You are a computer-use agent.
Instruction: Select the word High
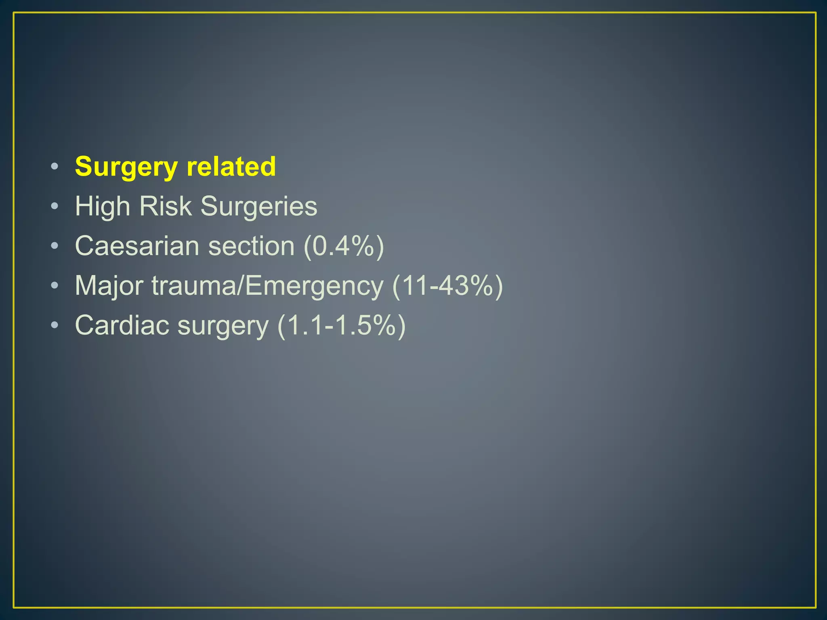pyautogui.click(x=103, y=207)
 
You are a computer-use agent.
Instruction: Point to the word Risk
pyautogui.click(x=165, y=206)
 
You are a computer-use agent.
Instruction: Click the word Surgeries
pyautogui.click(x=259, y=207)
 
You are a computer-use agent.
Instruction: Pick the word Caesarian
pyautogui.click(x=137, y=246)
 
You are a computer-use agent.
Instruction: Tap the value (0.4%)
pyautogui.click(x=344, y=246)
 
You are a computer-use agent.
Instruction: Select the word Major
pyautogui.click(x=109, y=285)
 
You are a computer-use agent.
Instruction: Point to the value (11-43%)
pyautogui.click(x=447, y=285)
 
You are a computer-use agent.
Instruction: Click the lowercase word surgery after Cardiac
pyautogui.click(x=223, y=326)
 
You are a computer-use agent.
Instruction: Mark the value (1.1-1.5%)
pyautogui.click(x=342, y=325)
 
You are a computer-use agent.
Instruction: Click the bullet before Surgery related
pyautogui.click(x=55, y=166)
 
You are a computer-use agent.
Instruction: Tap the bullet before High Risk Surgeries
pyautogui.click(x=55, y=206)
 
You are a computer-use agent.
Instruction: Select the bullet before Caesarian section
pyautogui.click(x=55, y=246)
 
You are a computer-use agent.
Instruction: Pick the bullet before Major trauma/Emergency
pyautogui.click(x=55, y=285)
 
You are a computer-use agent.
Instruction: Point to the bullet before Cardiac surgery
pyautogui.click(x=55, y=325)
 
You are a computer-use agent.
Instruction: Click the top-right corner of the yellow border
pyautogui.click(x=815, y=13)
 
